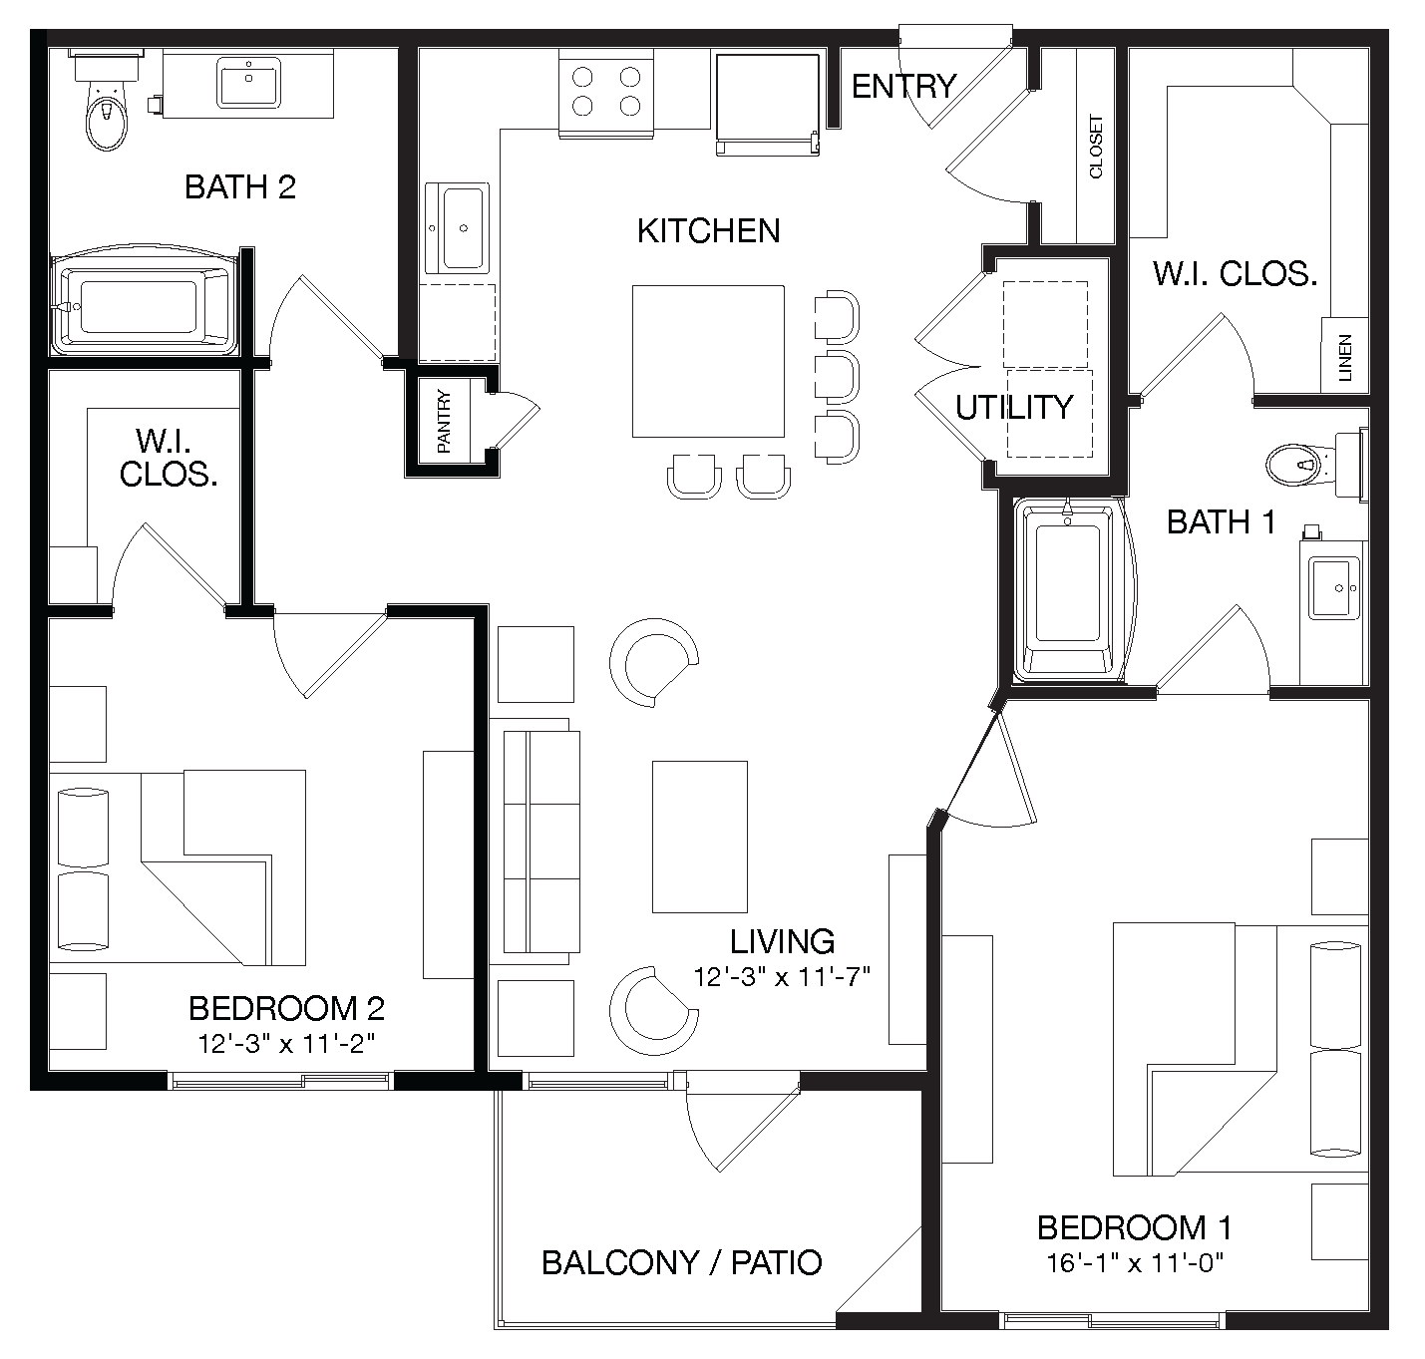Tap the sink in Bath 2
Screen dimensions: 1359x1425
click(x=248, y=83)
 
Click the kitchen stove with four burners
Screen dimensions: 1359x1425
click(x=605, y=93)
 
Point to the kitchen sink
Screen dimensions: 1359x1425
click(x=458, y=228)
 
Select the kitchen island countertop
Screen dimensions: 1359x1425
click(x=707, y=361)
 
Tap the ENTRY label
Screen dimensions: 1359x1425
click(x=903, y=87)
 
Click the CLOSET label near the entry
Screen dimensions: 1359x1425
click(x=1096, y=148)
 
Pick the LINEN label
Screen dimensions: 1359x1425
click(x=1345, y=358)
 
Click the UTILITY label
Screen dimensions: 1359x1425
click(x=1014, y=407)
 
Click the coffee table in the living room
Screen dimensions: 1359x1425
click(x=699, y=837)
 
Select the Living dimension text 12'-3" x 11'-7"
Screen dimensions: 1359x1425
click(x=783, y=976)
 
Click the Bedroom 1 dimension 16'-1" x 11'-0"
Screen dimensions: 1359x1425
click(x=1135, y=1263)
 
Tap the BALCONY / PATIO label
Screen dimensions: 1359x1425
click(x=681, y=1262)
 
